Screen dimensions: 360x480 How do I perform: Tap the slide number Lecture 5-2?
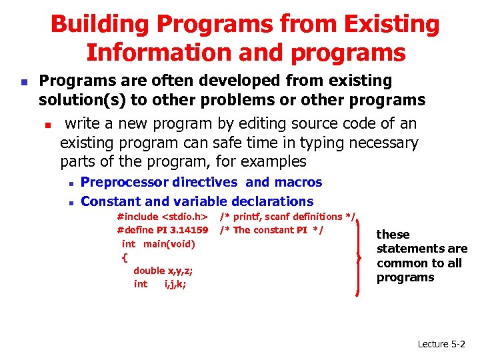pyautogui.click(x=441, y=344)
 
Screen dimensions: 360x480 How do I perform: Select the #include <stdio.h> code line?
pyautogui.click(x=163, y=217)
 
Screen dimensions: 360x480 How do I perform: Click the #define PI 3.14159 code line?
pyautogui.click(x=163, y=230)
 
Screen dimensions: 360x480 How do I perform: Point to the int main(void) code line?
pyautogui.click(x=159, y=244)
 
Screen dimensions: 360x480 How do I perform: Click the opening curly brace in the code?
pyautogui.click(x=125, y=257)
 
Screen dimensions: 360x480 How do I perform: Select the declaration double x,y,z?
pyautogui.click(x=163, y=271)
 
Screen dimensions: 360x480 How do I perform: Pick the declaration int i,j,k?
pyautogui.click(x=160, y=284)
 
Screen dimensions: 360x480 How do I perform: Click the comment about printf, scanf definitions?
pyautogui.click(x=287, y=217)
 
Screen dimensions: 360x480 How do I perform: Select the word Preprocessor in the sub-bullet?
pyautogui.click(x=125, y=182)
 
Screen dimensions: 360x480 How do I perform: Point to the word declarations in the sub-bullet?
pyautogui.click(x=272, y=201)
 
